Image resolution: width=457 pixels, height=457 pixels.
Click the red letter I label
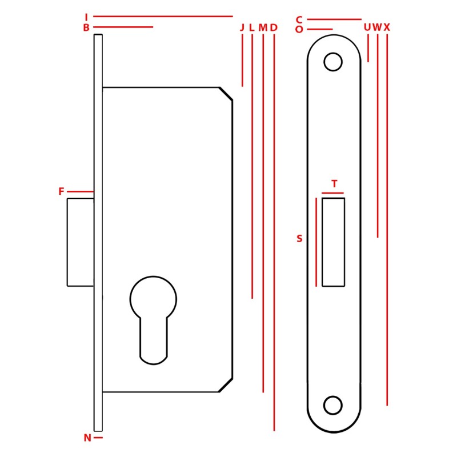point(86,17)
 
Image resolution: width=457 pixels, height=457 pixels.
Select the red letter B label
point(86,27)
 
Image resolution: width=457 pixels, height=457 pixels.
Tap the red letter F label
point(61,191)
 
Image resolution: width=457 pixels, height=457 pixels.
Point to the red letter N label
point(87,438)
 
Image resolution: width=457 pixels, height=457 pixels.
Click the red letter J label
point(242,27)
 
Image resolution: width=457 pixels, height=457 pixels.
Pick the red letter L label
point(252,27)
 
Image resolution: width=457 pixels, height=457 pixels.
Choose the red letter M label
point(263,27)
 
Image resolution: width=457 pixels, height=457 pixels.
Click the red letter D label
point(274,27)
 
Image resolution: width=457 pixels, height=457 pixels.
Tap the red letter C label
point(299,20)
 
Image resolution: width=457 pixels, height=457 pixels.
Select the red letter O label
point(299,30)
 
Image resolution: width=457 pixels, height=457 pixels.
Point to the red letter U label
point(367,27)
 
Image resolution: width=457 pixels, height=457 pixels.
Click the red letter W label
point(377,27)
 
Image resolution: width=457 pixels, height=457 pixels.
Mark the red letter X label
point(387,27)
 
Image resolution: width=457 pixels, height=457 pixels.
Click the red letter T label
point(334,184)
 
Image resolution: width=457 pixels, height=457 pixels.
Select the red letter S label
point(299,238)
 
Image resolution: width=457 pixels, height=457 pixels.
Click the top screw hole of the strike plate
point(333,62)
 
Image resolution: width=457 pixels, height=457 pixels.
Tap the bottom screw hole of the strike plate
point(333,406)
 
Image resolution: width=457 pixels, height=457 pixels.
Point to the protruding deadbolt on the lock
point(81,242)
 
